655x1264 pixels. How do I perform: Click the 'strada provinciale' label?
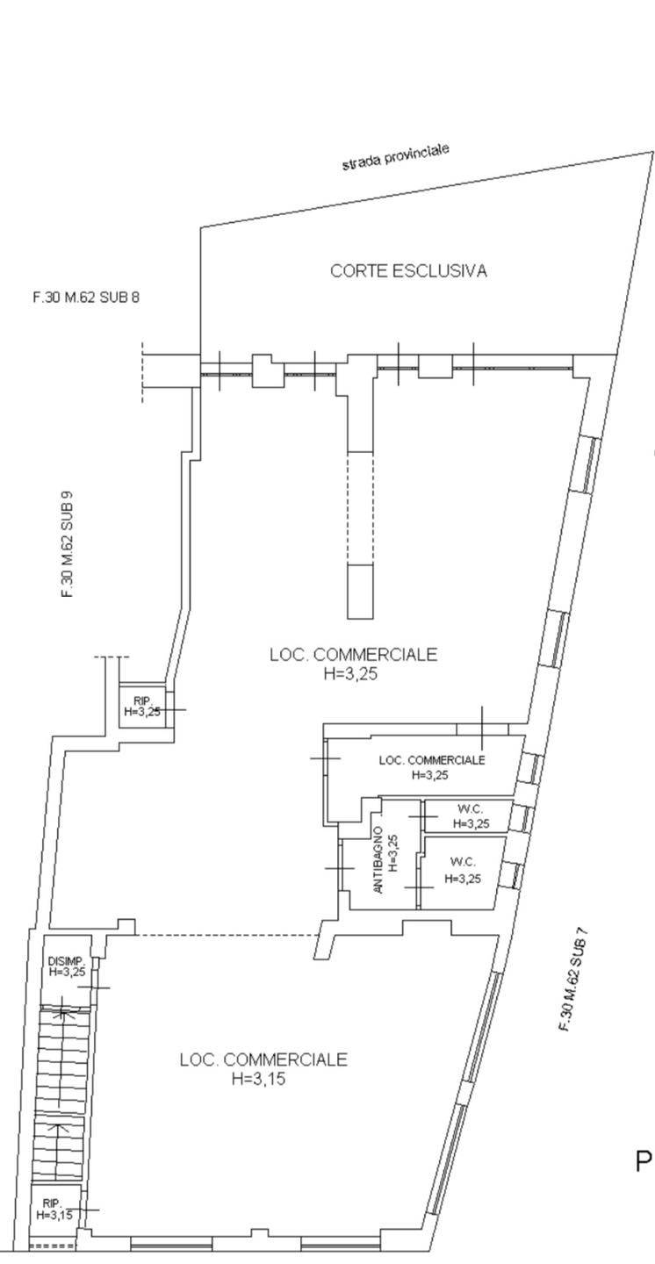pyautogui.click(x=395, y=158)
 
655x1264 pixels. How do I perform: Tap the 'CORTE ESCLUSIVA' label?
pyautogui.click(x=408, y=271)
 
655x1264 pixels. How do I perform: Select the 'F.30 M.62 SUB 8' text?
pyautogui.click(x=86, y=298)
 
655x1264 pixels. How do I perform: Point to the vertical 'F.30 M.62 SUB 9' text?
pyautogui.click(x=67, y=544)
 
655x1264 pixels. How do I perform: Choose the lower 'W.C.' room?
pyautogui.click(x=463, y=869)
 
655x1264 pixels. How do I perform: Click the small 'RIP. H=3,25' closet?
pyautogui.click(x=141, y=707)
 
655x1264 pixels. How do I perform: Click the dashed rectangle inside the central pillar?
pyautogui.click(x=360, y=507)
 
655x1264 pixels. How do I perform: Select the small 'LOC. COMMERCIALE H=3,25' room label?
pyautogui.click(x=431, y=767)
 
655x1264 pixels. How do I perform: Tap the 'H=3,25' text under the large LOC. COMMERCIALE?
pyautogui.click(x=354, y=674)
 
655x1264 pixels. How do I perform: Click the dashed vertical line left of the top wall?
pyautogui.click(x=142, y=373)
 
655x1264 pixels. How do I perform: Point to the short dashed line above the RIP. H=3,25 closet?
pyautogui.click(x=112, y=657)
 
